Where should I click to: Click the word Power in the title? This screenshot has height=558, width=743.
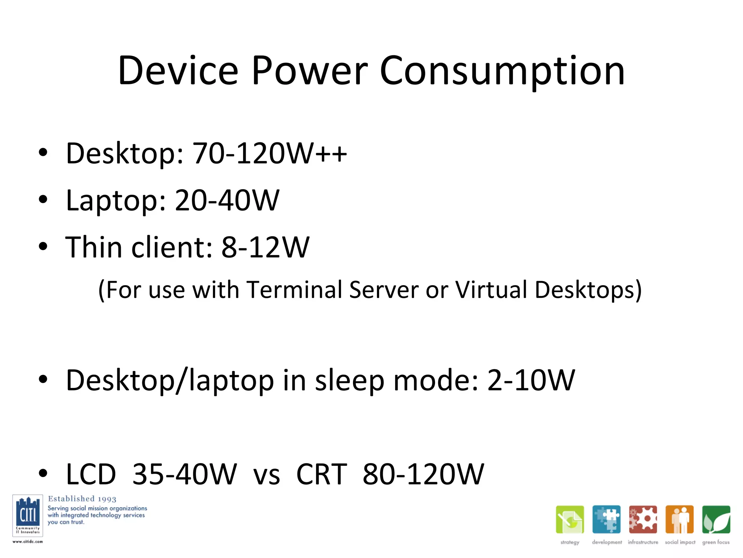click(309, 71)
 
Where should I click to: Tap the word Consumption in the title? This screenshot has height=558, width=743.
click(502, 71)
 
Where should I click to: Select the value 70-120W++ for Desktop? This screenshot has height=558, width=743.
click(270, 153)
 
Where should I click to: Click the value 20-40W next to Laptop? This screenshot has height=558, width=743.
click(227, 200)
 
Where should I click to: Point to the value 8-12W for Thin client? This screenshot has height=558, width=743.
click(265, 247)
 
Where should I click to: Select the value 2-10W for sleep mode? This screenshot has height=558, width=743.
click(531, 380)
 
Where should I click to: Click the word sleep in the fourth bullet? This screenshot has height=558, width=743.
click(349, 380)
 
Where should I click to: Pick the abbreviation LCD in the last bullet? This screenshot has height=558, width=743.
click(91, 474)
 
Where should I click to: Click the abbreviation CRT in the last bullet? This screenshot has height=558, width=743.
click(322, 474)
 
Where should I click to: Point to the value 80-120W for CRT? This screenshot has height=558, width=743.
click(423, 474)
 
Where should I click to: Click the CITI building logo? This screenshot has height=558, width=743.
click(28, 515)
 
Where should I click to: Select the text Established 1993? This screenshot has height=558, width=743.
click(82, 499)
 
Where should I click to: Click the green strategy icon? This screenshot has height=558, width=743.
click(570, 519)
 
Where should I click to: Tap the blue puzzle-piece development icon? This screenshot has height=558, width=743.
click(606, 519)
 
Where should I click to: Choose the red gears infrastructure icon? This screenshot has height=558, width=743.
click(643, 519)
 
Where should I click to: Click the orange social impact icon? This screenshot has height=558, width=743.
click(680, 519)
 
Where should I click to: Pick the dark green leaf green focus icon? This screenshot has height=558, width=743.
click(716, 519)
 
